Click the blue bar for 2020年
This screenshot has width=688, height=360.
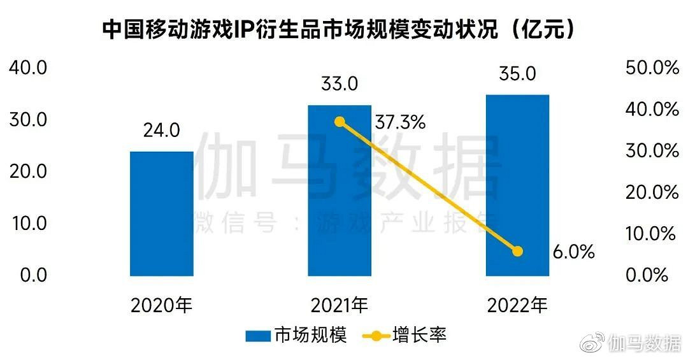click(162, 213)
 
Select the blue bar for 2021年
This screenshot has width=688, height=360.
click(340, 191)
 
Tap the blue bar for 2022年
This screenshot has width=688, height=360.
click(517, 185)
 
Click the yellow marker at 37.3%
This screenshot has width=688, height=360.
click(340, 122)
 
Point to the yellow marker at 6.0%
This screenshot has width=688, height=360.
click(517, 251)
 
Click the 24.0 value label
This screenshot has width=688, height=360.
click(162, 131)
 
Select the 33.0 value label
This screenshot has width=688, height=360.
click(340, 84)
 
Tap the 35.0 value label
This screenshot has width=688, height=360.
click(517, 74)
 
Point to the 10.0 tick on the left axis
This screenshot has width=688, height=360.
click(27, 223)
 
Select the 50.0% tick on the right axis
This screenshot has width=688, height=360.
click(652, 68)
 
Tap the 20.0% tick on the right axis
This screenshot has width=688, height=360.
click(652, 192)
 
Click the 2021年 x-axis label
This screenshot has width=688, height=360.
click(340, 306)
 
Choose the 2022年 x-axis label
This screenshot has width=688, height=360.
click(517, 306)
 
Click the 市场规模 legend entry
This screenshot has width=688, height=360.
click(297, 335)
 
